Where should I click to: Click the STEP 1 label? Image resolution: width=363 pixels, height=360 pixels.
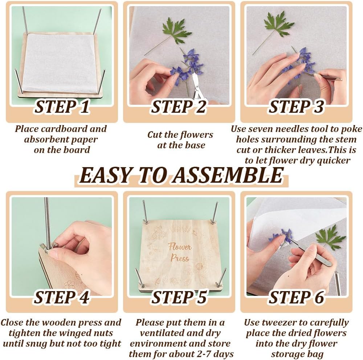[62, 107]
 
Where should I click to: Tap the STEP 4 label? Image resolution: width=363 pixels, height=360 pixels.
[62, 297]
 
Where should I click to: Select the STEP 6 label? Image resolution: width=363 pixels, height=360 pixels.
[296, 297]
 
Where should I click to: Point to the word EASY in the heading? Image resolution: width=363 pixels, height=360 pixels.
[106, 175]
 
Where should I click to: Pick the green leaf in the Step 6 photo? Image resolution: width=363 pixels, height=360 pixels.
[330, 237]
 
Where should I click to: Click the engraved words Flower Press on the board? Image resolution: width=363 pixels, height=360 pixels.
[180, 252]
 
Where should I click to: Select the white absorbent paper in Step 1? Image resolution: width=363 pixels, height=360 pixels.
[61, 62]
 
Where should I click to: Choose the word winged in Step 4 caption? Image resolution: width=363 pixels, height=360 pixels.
[77, 333]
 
